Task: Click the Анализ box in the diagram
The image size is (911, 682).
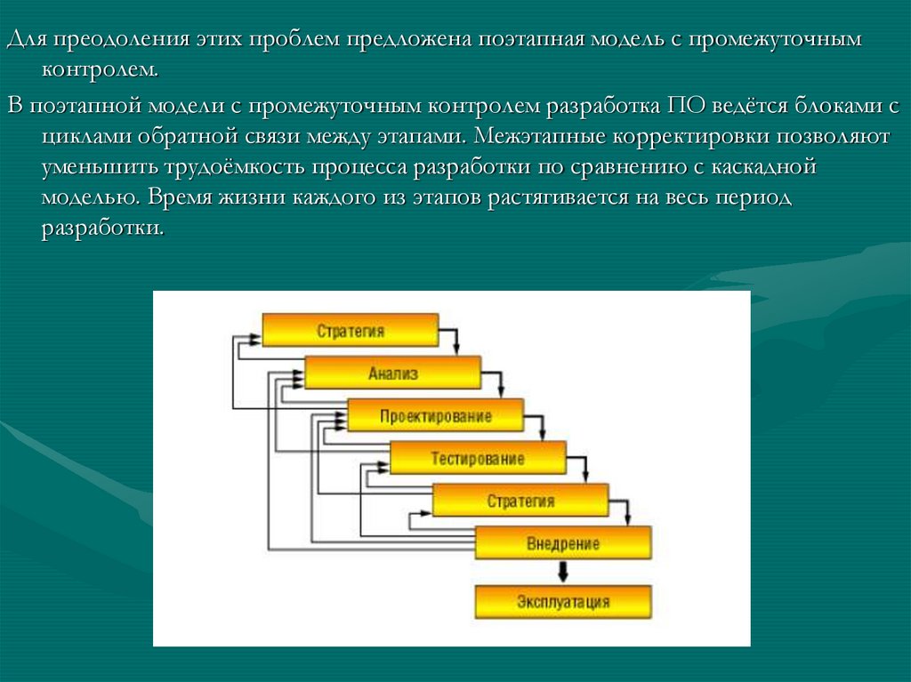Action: pos(392,373)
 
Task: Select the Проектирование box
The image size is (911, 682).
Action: pos(435,415)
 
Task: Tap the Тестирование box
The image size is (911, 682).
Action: pos(478,459)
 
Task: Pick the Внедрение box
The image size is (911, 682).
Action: pos(562,542)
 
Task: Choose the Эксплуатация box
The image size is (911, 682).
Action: pos(562,602)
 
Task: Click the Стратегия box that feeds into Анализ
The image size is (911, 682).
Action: pos(350,331)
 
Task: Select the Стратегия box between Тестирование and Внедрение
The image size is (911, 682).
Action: pos(520,501)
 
